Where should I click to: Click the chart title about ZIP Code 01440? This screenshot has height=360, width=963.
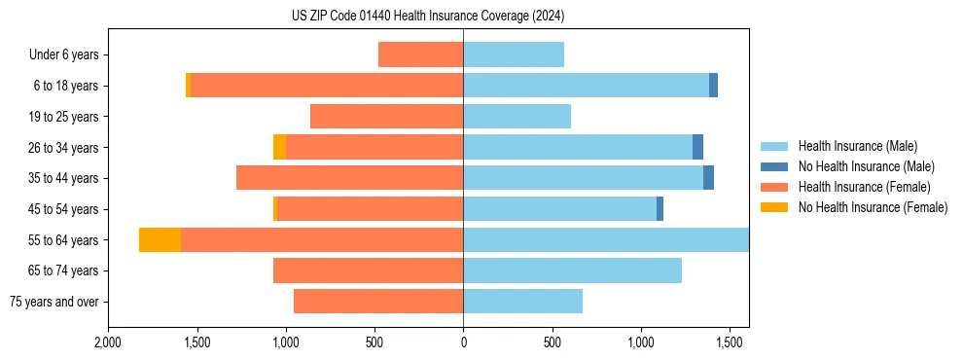[x=428, y=17]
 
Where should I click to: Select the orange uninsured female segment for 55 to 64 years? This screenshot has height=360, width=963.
[x=160, y=239]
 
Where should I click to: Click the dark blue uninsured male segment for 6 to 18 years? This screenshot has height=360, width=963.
[x=713, y=86]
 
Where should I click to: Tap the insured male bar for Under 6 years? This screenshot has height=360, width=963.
[x=514, y=54]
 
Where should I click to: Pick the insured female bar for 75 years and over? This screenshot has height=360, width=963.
[x=378, y=302]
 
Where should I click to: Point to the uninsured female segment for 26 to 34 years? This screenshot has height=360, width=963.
[x=280, y=147]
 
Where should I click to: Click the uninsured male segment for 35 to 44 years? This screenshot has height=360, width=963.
[x=708, y=178]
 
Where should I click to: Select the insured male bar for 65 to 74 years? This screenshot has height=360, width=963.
[x=572, y=270]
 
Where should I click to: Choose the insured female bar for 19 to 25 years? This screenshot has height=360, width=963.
[x=386, y=117]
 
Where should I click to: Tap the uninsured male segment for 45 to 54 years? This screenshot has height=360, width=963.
[x=660, y=208]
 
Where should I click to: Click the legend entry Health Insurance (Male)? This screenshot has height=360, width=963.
[x=857, y=146]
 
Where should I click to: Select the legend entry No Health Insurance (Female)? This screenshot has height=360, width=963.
[x=873, y=207]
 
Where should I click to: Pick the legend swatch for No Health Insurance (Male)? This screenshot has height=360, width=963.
[x=773, y=166]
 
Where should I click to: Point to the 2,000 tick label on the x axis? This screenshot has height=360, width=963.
[x=108, y=343]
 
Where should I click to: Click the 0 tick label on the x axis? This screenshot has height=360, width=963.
[x=463, y=343]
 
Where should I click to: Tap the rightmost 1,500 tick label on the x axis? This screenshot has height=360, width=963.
[x=730, y=343]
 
